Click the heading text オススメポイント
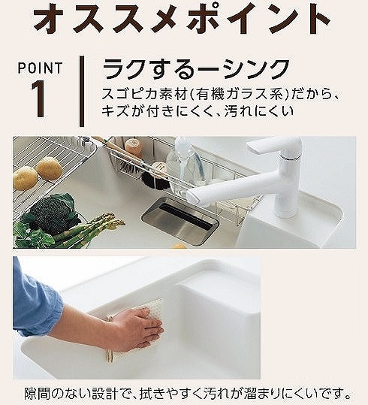[x=182, y=20]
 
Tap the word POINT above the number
[x=40, y=68]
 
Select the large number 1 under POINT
[x=39, y=98]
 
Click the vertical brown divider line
[x=82, y=92]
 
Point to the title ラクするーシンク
[x=196, y=69]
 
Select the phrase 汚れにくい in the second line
[x=259, y=111]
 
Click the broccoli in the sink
[x=51, y=213]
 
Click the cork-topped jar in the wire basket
[x=133, y=147]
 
